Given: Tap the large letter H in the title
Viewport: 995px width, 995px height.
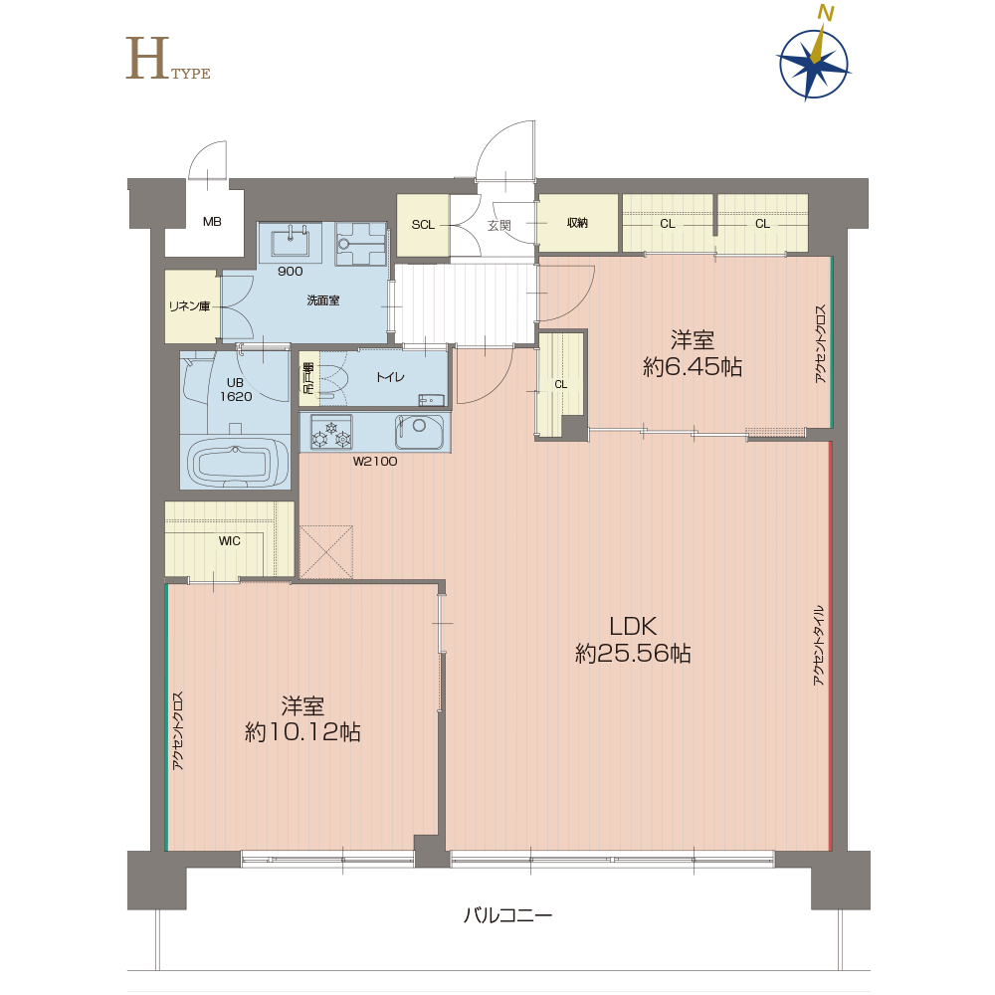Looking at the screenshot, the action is (x=147, y=58).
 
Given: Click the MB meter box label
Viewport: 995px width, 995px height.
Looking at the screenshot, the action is (x=212, y=222).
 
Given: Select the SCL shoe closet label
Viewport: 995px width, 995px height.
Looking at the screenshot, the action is (x=423, y=225).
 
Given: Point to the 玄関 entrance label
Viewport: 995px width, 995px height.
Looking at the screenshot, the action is (x=499, y=225).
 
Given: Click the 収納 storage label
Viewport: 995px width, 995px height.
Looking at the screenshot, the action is (x=577, y=223).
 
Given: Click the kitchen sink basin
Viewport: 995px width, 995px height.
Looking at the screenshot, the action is (x=419, y=431).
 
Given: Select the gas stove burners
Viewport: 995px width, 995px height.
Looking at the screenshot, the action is (x=331, y=432).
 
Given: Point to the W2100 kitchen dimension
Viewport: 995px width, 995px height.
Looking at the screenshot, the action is (x=375, y=462).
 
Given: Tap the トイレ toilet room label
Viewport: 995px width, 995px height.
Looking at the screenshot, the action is (x=390, y=377).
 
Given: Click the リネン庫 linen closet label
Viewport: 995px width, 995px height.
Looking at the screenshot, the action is (x=189, y=305).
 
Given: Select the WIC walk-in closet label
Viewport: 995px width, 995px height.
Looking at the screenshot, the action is (x=229, y=540).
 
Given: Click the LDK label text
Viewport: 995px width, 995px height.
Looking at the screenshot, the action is (x=633, y=626).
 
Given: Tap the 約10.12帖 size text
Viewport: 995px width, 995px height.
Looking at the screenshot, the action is (x=302, y=732).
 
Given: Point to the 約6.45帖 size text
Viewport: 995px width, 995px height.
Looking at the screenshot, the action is (x=693, y=367).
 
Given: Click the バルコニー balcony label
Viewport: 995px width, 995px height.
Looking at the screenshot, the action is (x=507, y=914).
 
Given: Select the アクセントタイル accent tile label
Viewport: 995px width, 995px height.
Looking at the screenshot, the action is (x=819, y=646).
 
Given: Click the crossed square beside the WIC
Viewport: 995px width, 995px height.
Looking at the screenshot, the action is (x=326, y=551).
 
